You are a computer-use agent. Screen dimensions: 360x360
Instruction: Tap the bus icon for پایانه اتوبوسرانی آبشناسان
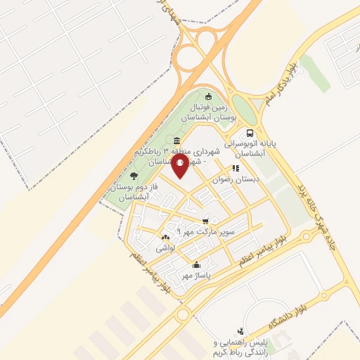click(250, 134)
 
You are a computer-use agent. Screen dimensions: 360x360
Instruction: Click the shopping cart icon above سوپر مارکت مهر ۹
click(205, 220)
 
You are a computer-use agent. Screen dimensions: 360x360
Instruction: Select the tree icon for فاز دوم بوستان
click(134, 176)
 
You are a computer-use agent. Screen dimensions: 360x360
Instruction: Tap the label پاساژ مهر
click(197, 275)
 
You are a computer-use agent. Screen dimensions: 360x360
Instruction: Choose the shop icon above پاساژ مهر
click(196, 266)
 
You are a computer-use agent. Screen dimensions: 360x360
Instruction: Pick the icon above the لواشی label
click(165, 238)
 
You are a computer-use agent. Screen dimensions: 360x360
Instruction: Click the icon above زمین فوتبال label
click(207, 96)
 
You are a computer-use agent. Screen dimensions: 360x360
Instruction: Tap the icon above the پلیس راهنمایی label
click(241, 330)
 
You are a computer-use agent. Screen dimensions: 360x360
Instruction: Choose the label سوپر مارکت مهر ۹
click(211, 230)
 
